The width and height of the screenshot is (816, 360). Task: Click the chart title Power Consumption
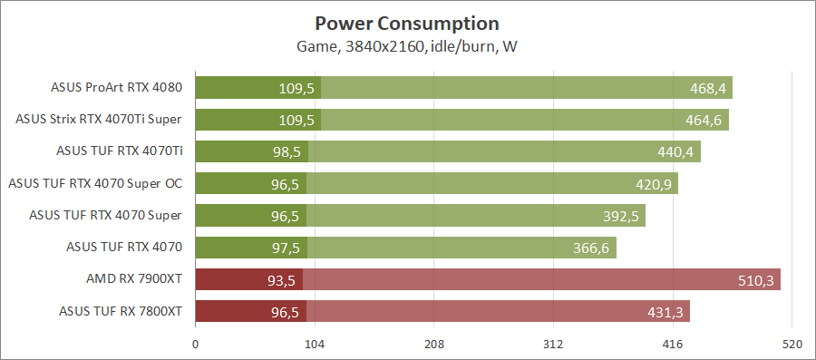click(x=407, y=23)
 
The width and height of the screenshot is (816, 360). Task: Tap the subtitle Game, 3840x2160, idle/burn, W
click(x=407, y=45)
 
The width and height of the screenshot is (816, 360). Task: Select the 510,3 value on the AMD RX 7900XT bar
click(x=756, y=280)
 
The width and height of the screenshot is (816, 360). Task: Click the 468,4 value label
click(x=708, y=88)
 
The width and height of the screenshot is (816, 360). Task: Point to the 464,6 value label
click(x=704, y=120)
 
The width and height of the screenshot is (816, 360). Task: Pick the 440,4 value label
click(x=675, y=151)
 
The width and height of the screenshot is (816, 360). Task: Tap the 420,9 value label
click(x=654, y=184)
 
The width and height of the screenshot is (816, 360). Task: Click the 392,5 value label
click(x=621, y=216)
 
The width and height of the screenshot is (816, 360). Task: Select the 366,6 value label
click(x=592, y=248)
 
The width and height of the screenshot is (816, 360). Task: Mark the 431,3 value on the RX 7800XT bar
click(x=665, y=312)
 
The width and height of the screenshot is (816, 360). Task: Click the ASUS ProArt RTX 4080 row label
click(x=117, y=88)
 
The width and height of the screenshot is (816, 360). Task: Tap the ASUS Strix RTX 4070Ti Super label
click(x=99, y=120)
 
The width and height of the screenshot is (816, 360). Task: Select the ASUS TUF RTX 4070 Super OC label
click(x=95, y=184)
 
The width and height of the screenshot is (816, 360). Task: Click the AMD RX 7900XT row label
click(x=131, y=280)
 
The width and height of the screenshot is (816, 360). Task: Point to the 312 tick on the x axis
click(x=553, y=345)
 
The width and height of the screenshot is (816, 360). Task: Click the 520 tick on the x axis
click(x=792, y=345)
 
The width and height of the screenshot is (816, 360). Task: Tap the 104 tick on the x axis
click(x=315, y=345)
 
